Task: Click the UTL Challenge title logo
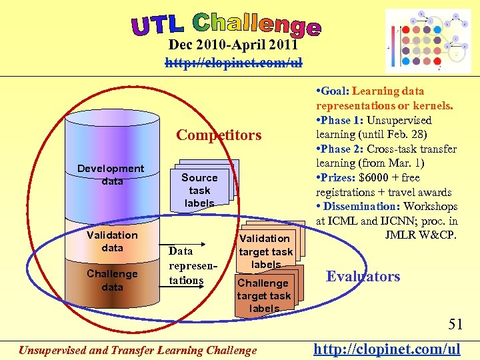click(227, 25)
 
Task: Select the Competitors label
click(219, 135)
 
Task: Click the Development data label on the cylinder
click(111, 175)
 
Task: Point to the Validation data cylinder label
click(112, 241)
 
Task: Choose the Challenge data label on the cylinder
click(112, 280)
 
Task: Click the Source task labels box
click(199, 189)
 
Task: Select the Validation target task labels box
click(265, 251)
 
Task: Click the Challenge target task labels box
click(264, 295)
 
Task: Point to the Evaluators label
click(363, 277)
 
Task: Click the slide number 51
click(455, 325)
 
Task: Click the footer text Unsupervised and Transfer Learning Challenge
click(137, 349)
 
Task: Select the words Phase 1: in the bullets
click(341, 121)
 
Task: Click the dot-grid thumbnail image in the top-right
click(428, 41)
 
